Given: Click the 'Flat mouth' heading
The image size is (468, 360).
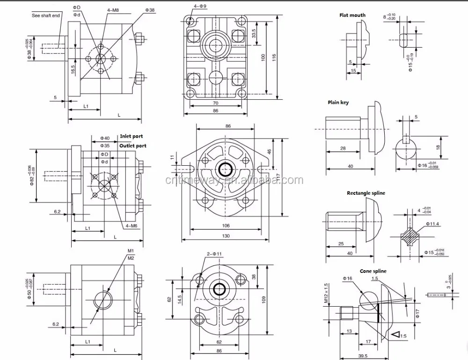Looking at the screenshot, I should tap(352, 15).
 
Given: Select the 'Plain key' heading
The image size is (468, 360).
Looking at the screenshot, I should tap(338, 102).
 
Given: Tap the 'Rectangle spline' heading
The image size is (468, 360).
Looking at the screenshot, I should tap(366, 193).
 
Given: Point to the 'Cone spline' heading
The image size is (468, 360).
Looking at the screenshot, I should tap(373, 271).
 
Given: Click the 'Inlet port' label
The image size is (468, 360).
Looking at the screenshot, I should tap(132, 137).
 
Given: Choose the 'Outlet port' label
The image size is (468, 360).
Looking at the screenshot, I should tap(132, 146).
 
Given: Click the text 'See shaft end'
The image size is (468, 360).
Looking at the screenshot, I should tap(45, 15).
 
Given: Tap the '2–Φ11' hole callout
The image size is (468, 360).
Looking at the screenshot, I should tap(214, 254).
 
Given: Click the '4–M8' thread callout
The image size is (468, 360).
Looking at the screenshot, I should tap(112, 9).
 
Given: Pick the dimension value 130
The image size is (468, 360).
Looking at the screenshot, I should tap(226, 236).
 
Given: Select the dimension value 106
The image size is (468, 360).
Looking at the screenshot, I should tap(226, 225).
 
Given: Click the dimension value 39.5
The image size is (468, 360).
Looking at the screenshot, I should tap(362, 355).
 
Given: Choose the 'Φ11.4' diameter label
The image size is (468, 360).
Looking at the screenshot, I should tap(433, 224).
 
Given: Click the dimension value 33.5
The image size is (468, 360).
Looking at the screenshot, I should tap(253, 34).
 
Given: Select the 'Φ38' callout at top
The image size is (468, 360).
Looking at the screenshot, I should tap(150, 9).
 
